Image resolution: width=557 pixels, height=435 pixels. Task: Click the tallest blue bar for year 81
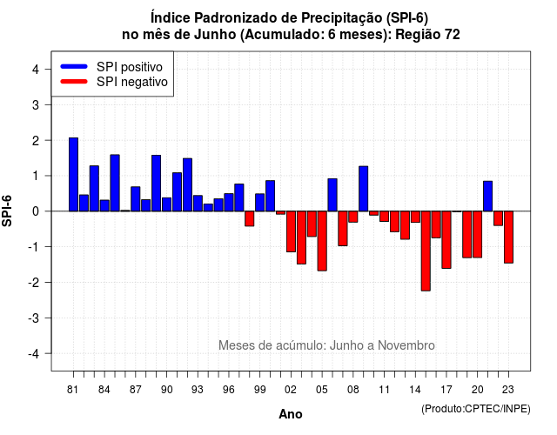pyautogui.click(x=73, y=174)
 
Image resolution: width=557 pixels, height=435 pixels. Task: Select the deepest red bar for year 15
pyautogui.click(x=426, y=251)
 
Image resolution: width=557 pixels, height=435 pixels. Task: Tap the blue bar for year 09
pyautogui.click(x=364, y=189)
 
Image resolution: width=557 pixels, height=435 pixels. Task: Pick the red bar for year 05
pyautogui.click(x=322, y=241)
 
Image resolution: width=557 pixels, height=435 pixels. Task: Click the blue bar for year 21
pyautogui.click(x=487, y=196)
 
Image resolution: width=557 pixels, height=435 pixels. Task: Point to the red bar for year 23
pyautogui.click(x=508, y=238)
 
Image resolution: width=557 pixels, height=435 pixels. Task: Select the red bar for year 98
pyautogui.click(x=250, y=218)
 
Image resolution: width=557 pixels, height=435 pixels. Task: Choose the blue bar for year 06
pyautogui.click(x=332, y=195)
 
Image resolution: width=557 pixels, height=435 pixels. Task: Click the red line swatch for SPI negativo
pyautogui.click(x=74, y=82)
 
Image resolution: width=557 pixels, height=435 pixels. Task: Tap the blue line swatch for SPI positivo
pyautogui.click(x=74, y=66)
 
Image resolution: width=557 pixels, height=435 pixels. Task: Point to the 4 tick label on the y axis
pyautogui.click(x=36, y=70)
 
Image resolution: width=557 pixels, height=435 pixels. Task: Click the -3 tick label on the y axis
pyautogui.click(x=33, y=318)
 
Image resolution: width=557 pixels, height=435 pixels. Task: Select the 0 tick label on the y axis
pyautogui.click(x=36, y=211)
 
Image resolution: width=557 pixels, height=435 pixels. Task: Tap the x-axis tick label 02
pyautogui.click(x=291, y=390)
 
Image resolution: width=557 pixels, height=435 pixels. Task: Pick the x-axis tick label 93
pyautogui.click(x=198, y=390)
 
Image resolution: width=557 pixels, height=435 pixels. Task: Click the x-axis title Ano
pyautogui.click(x=291, y=414)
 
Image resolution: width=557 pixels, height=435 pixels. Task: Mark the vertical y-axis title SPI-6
pyautogui.click(x=7, y=211)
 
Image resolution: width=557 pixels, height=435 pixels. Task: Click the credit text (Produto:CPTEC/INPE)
pyautogui.click(x=476, y=409)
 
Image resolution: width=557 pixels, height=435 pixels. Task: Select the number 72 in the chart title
pyautogui.click(x=453, y=35)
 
